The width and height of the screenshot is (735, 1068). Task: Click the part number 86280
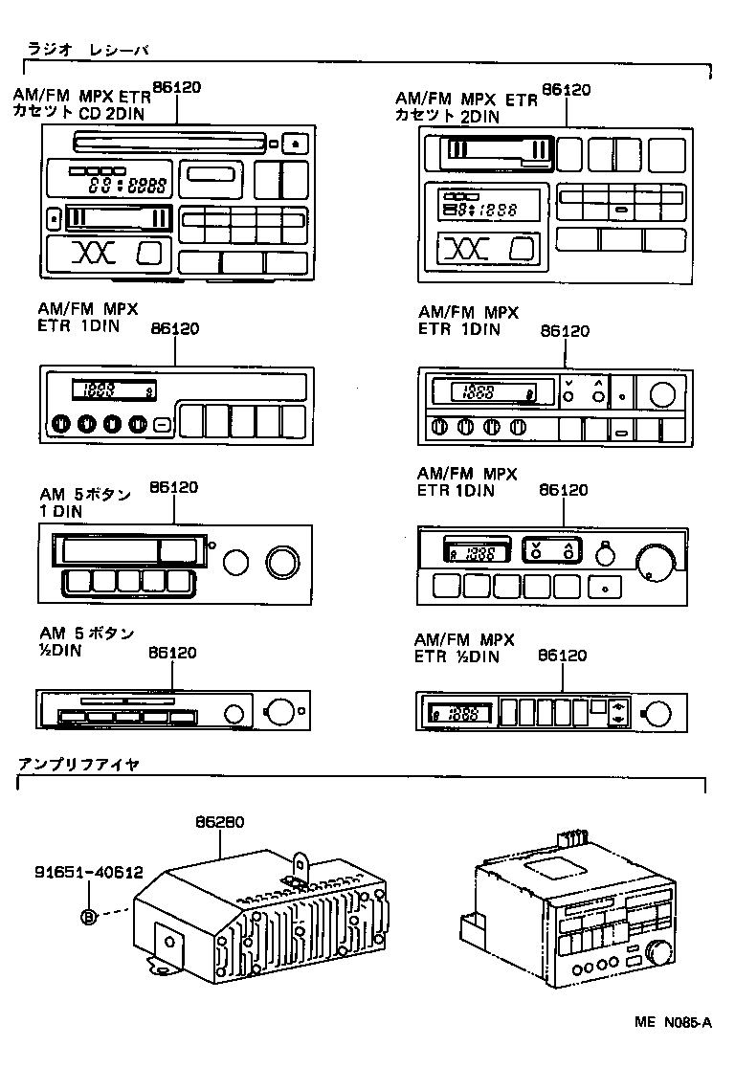[x=220, y=821]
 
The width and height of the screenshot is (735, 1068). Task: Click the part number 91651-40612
[x=88, y=873]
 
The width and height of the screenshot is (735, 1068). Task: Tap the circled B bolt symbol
[x=89, y=917]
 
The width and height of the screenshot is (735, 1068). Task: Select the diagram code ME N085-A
[x=673, y=1022]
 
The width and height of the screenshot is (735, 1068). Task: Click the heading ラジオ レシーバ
[x=87, y=48]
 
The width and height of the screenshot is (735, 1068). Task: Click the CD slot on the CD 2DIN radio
[x=167, y=145]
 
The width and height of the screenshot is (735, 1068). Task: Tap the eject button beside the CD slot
[x=296, y=145]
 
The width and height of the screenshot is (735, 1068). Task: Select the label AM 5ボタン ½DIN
[x=86, y=641]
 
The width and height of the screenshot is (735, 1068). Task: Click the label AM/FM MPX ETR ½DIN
[x=464, y=648]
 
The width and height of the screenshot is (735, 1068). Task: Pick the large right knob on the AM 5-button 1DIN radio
[x=282, y=563]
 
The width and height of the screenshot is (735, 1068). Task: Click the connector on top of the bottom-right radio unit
[x=572, y=838]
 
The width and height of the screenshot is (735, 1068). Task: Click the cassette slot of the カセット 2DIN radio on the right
[x=497, y=152]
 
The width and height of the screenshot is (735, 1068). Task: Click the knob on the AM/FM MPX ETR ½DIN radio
[x=657, y=713]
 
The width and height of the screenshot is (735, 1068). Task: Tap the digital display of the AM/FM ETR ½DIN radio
[x=460, y=713]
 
